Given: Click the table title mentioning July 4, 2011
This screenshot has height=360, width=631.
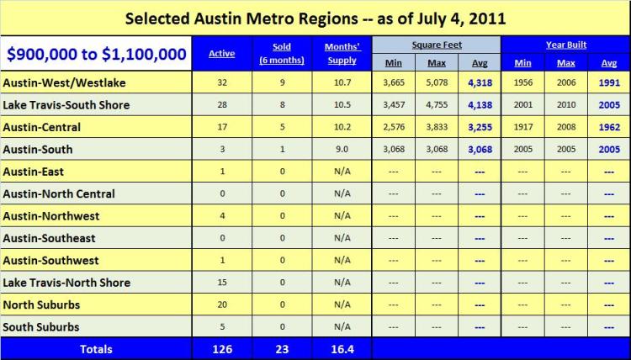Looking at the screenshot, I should point(315,18).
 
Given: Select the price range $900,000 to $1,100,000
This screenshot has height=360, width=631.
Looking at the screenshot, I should point(96,55).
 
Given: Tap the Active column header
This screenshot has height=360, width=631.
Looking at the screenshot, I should point(222,54).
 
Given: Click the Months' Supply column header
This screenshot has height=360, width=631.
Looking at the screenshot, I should point(342,54).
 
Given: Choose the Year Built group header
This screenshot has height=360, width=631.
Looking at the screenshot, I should point(565,44).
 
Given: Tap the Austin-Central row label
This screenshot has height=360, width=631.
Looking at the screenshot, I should point(42,127).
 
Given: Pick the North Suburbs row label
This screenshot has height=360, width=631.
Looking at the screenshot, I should point(41,304).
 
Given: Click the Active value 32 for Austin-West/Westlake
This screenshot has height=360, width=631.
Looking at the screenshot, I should point(222,83).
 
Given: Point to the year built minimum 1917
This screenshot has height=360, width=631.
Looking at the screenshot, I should point(522,128).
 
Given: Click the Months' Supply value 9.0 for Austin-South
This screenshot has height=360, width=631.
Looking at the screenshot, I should point(342,150).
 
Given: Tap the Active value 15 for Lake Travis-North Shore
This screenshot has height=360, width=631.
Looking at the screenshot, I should point(222,283).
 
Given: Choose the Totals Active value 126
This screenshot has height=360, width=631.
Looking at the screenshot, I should point(222,348).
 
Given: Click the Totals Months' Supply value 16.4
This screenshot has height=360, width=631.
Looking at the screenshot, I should point(342,348).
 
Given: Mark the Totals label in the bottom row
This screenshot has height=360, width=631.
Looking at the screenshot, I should point(96,348).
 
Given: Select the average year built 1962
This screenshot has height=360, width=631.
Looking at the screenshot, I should point(610,128).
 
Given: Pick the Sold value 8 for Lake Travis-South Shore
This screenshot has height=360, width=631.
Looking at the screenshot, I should point(282,106).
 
